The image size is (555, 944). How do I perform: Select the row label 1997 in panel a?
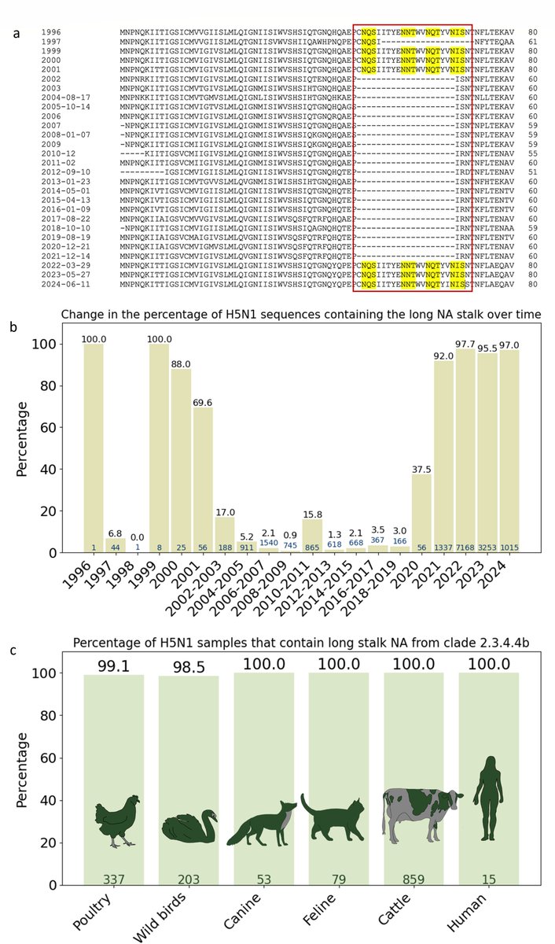(x=50, y=42)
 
